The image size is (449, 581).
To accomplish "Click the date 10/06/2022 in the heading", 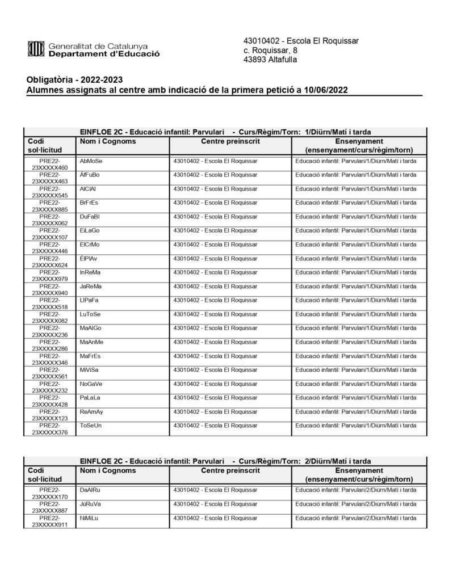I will [x=326, y=90].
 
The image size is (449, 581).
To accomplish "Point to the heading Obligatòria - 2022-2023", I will [x=74, y=79].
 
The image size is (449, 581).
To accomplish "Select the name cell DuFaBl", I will [x=90, y=217].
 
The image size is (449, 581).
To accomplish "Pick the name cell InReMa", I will [x=90, y=272].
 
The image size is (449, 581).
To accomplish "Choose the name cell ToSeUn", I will [x=91, y=425].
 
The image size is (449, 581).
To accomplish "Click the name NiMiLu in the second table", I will [x=90, y=517].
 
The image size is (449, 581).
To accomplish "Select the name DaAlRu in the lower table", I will [x=90, y=490].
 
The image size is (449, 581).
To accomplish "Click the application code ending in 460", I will [x=49, y=165].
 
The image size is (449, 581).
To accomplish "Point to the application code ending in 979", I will [x=49, y=276].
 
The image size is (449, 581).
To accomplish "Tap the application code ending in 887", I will [x=49, y=507].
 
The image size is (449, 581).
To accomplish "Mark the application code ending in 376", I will [x=49, y=428].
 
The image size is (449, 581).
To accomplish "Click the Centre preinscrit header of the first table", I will [x=230, y=141].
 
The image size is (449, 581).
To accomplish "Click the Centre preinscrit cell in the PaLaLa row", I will [x=215, y=397].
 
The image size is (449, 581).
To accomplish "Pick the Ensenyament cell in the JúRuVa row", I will [x=356, y=504].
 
